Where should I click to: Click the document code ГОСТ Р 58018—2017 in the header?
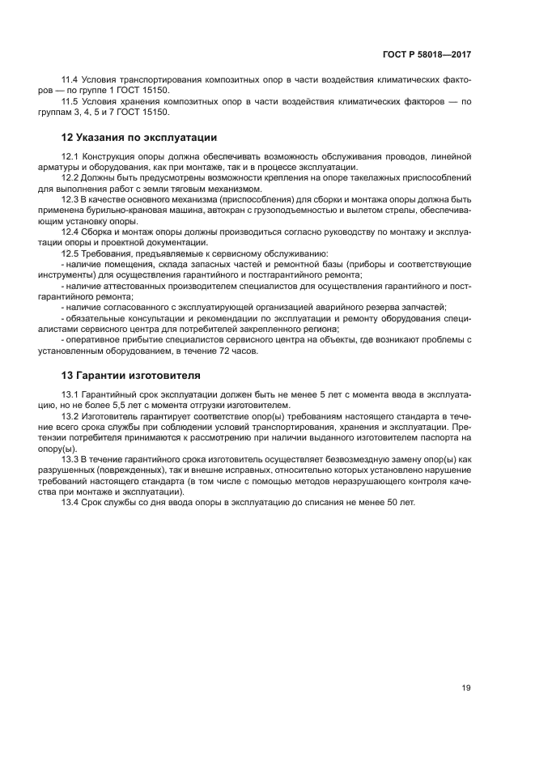[427, 54]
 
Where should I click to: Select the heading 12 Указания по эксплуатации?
[139, 137]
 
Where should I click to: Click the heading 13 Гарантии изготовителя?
[132, 376]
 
